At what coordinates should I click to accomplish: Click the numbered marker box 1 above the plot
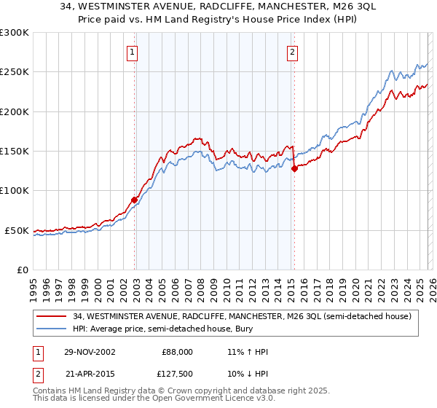point(133,52)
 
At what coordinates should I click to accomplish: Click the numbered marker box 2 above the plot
point(292,52)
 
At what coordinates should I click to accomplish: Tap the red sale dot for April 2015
point(294,168)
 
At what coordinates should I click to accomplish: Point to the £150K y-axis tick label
point(14,152)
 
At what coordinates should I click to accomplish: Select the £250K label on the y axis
point(14,72)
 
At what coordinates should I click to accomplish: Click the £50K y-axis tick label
point(17,231)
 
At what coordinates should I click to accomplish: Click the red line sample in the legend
point(50,316)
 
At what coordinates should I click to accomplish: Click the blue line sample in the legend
point(50,329)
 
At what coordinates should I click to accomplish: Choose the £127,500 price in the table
point(177,374)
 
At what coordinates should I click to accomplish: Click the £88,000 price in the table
point(177,352)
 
